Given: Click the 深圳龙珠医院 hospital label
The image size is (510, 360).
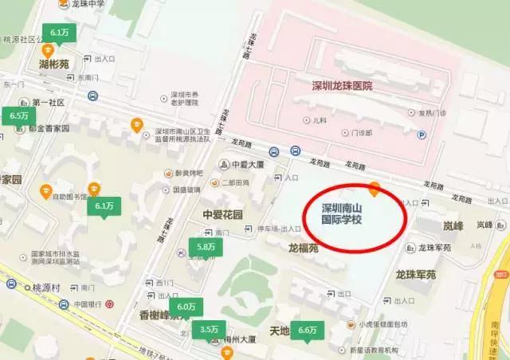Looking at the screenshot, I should (x=342, y=85).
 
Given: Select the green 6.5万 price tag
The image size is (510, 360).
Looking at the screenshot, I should (x=19, y=115).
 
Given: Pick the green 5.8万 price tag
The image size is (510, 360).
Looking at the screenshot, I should (x=206, y=248).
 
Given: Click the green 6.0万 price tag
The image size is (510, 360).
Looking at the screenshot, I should (x=186, y=307).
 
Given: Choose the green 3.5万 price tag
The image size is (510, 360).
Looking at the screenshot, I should (x=210, y=329).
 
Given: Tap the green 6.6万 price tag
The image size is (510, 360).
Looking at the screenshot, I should (x=307, y=329).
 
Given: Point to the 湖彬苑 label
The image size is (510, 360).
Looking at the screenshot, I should (x=54, y=63).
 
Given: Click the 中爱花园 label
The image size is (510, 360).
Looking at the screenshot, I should (x=223, y=214).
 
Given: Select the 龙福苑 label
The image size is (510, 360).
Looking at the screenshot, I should (x=304, y=248).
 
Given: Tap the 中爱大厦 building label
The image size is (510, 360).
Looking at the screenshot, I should (x=247, y=166).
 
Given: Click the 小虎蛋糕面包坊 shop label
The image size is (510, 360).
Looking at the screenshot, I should (x=383, y=324).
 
